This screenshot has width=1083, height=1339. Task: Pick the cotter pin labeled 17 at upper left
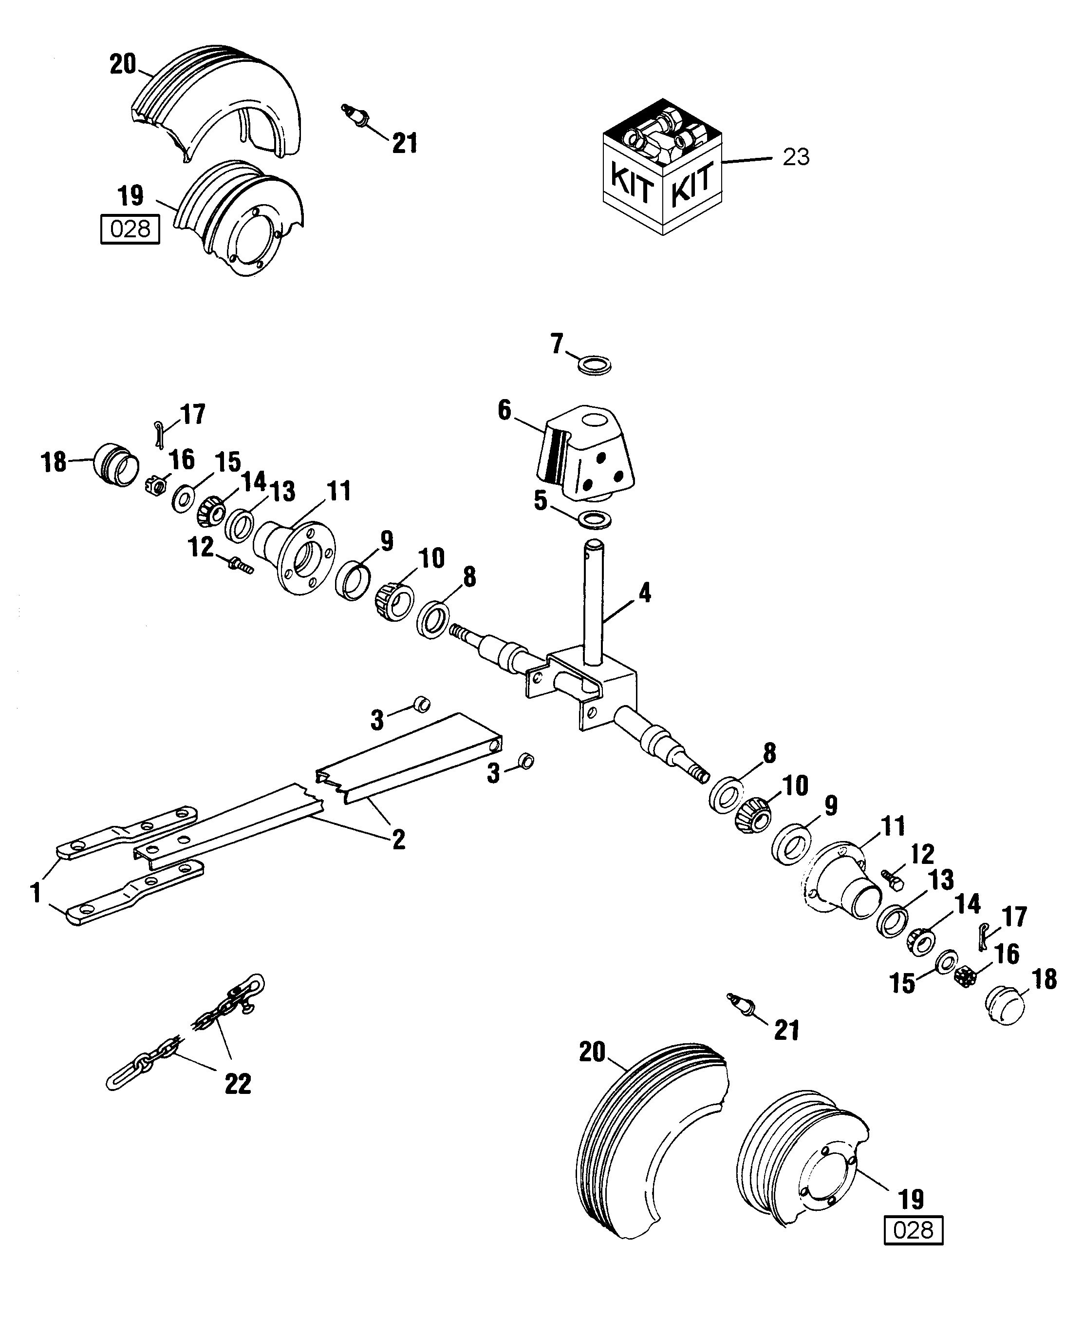point(159,433)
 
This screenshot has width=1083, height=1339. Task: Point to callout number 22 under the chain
point(238,1083)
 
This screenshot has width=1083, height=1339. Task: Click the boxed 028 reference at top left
point(131,229)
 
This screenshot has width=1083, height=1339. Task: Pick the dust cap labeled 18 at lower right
point(1004,1006)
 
